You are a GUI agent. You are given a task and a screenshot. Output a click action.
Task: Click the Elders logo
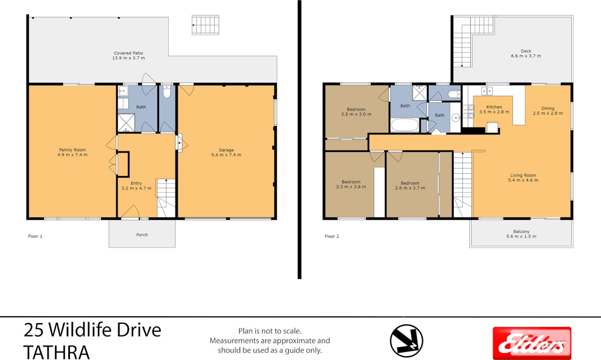[532, 343]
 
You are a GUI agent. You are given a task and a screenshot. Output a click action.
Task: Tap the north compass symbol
[406, 340]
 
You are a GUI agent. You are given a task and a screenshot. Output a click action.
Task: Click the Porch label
[142, 235]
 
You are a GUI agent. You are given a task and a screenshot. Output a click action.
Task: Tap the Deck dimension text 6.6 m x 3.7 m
[526, 56]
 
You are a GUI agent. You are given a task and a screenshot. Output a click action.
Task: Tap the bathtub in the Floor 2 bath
[405, 125]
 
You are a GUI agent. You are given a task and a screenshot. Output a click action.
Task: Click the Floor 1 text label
[35, 236]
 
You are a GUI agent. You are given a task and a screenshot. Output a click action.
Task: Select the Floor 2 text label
[331, 236]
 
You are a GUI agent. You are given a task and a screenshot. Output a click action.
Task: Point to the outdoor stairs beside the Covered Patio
[205, 25]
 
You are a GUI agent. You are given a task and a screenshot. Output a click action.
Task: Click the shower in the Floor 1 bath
[126, 123]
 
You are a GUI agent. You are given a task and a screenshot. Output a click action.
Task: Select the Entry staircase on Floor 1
[165, 198]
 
